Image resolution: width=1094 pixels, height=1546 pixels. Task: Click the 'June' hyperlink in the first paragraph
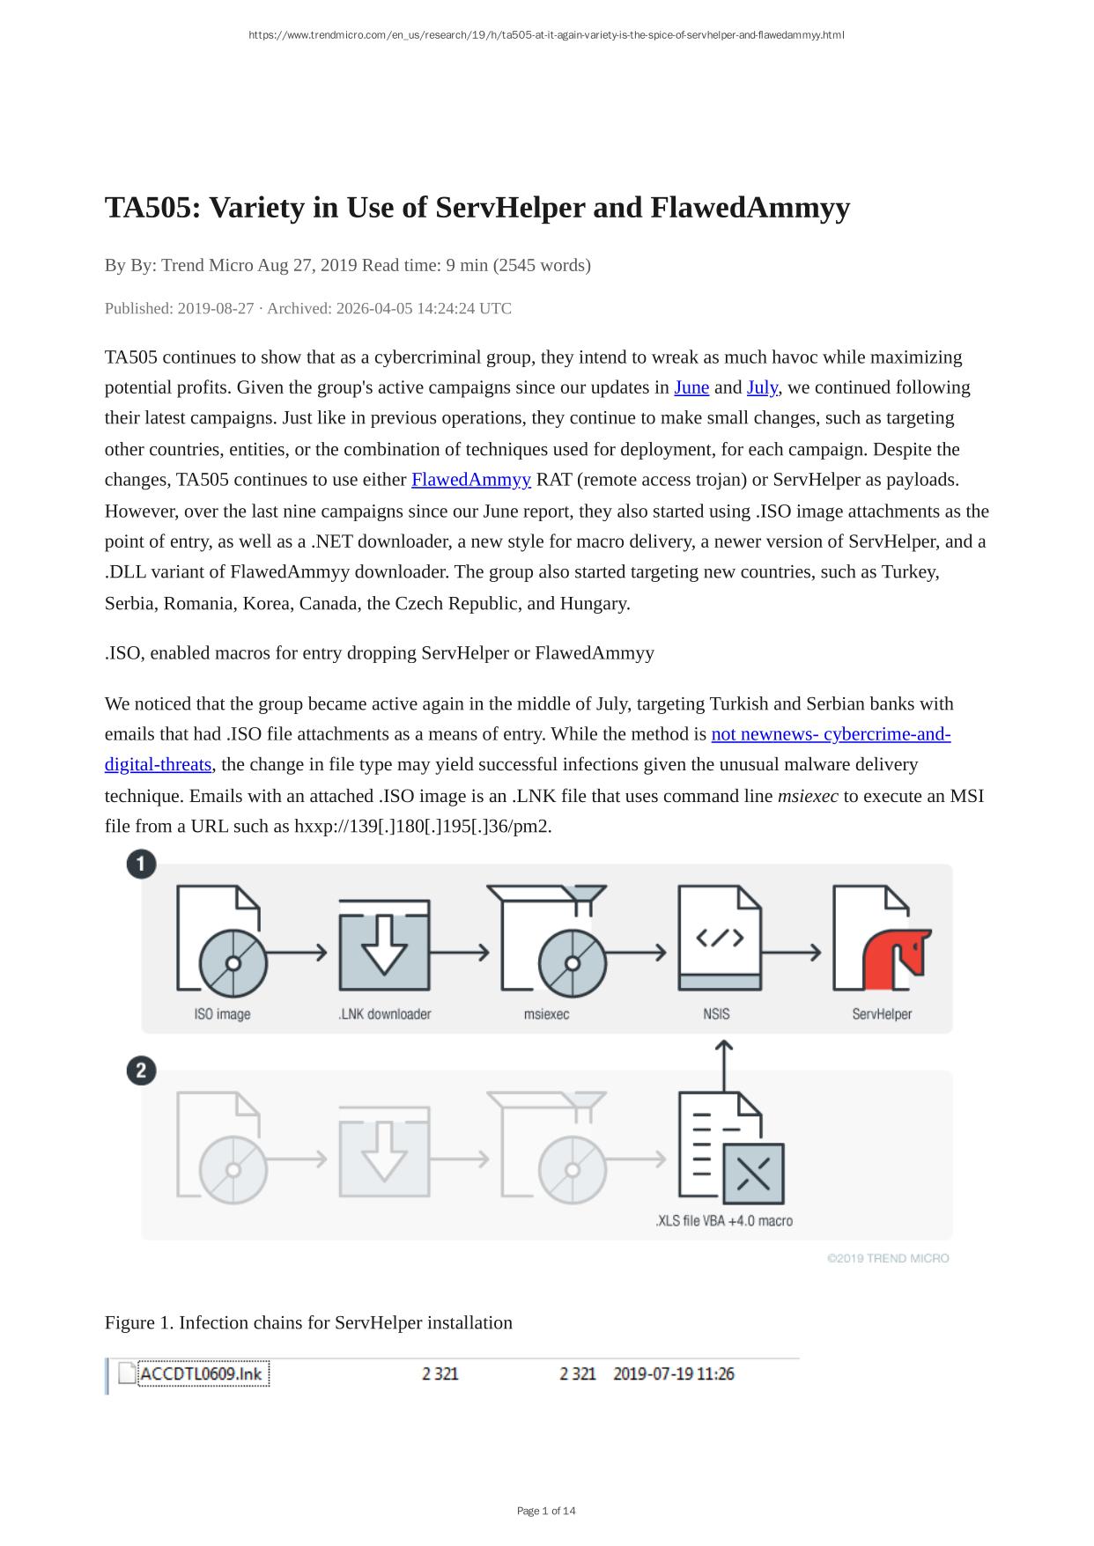point(691,388)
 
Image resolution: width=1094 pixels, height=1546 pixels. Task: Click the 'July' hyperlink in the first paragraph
point(762,388)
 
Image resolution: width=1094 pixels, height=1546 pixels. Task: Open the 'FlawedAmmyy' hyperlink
point(470,480)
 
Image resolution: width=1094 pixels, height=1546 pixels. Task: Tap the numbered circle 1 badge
point(141,864)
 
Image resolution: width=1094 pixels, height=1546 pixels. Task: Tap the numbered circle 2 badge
point(141,1071)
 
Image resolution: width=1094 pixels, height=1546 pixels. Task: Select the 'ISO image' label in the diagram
point(222,1014)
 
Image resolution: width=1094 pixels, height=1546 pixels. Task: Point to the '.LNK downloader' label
point(384,1014)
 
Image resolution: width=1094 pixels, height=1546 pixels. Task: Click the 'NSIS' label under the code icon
point(716,1014)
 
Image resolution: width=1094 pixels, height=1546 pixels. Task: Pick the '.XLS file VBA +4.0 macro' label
point(723,1221)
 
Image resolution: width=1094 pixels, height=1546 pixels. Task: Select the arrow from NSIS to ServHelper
point(791,952)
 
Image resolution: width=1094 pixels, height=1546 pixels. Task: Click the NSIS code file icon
point(720,939)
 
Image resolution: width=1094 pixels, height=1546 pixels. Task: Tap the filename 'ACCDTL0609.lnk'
point(202,1374)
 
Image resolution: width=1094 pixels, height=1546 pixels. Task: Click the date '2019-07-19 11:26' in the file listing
point(673,1374)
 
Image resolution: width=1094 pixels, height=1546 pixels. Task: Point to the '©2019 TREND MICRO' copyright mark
point(888,1259)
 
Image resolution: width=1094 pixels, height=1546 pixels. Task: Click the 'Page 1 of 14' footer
point(546,1511)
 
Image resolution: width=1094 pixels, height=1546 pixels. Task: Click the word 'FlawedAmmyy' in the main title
point(750,208)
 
